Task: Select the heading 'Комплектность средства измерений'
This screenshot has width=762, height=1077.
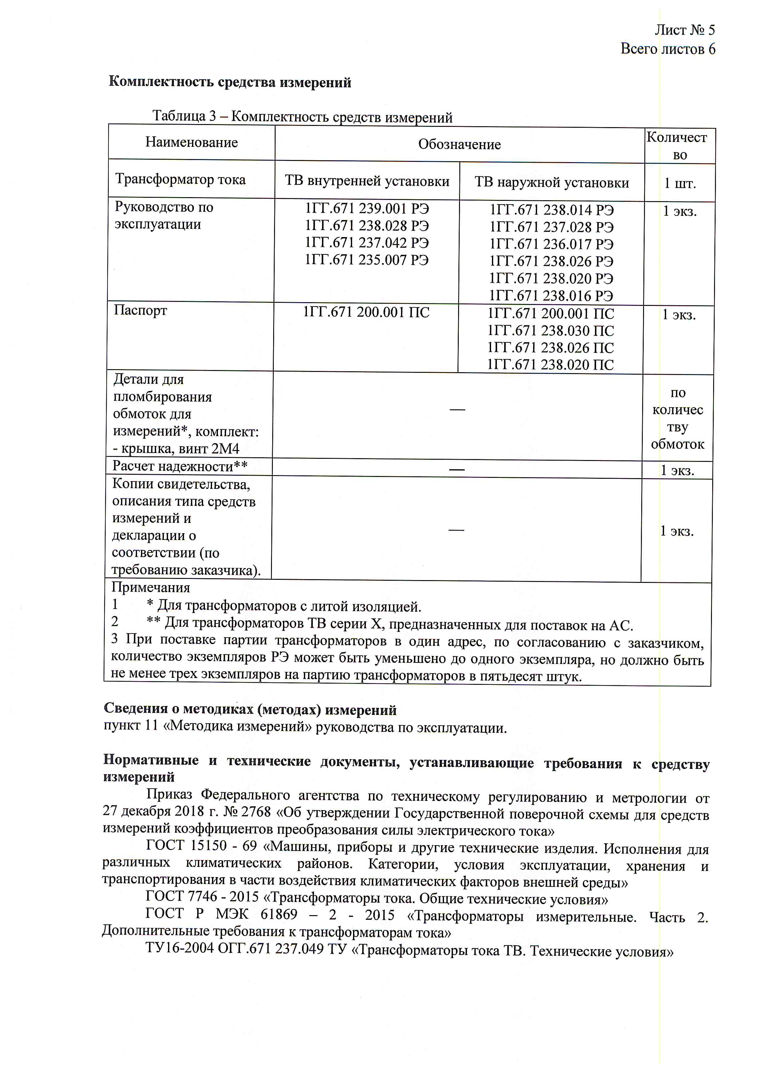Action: click(x=230, y=82)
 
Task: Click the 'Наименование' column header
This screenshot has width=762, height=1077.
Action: click(x=191, y=142)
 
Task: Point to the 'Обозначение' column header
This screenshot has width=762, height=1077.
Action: click(x=459, y=144)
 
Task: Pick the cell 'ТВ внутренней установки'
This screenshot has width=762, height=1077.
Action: click(x=367, y=181)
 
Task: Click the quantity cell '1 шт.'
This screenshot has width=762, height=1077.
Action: click(x=680, y=183)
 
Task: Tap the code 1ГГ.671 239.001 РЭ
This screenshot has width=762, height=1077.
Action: click(x=367, y=208)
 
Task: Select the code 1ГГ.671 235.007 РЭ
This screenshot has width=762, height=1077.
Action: click(x=367, y=260)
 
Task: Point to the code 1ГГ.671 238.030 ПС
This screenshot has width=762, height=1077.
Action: click(x=550, y=331)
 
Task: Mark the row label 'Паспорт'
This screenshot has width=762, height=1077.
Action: click(x=140, y=310)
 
